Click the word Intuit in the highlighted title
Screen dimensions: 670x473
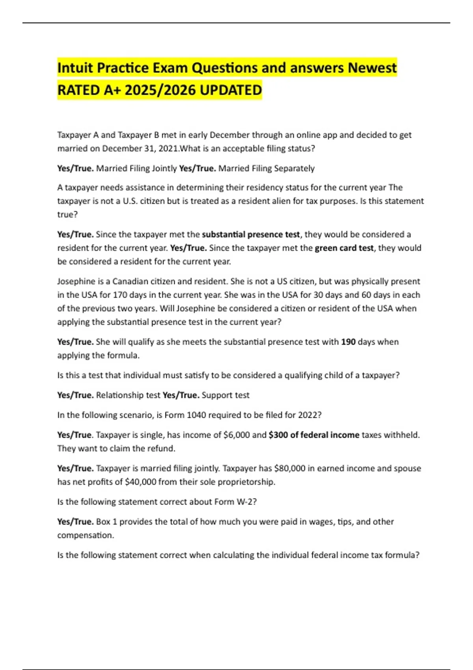point(75,68)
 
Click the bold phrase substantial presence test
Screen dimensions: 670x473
point(251,234)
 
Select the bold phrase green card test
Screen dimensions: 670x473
point(344,248)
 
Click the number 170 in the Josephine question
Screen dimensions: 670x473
point(120,295)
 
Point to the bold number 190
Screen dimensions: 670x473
point(348,342)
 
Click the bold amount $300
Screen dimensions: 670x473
point(278,435)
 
